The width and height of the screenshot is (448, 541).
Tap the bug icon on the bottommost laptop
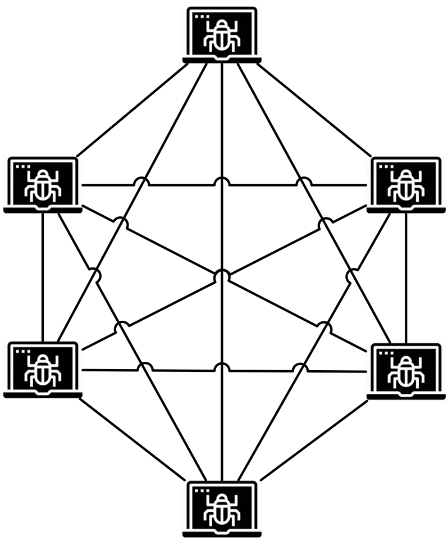click(x=222, y=509)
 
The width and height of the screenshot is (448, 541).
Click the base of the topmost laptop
click(x=222, y=60)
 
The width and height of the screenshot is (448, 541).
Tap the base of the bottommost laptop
click(x=222, y=533)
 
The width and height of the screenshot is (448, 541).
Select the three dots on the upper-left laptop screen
click(x=22, y=167)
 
